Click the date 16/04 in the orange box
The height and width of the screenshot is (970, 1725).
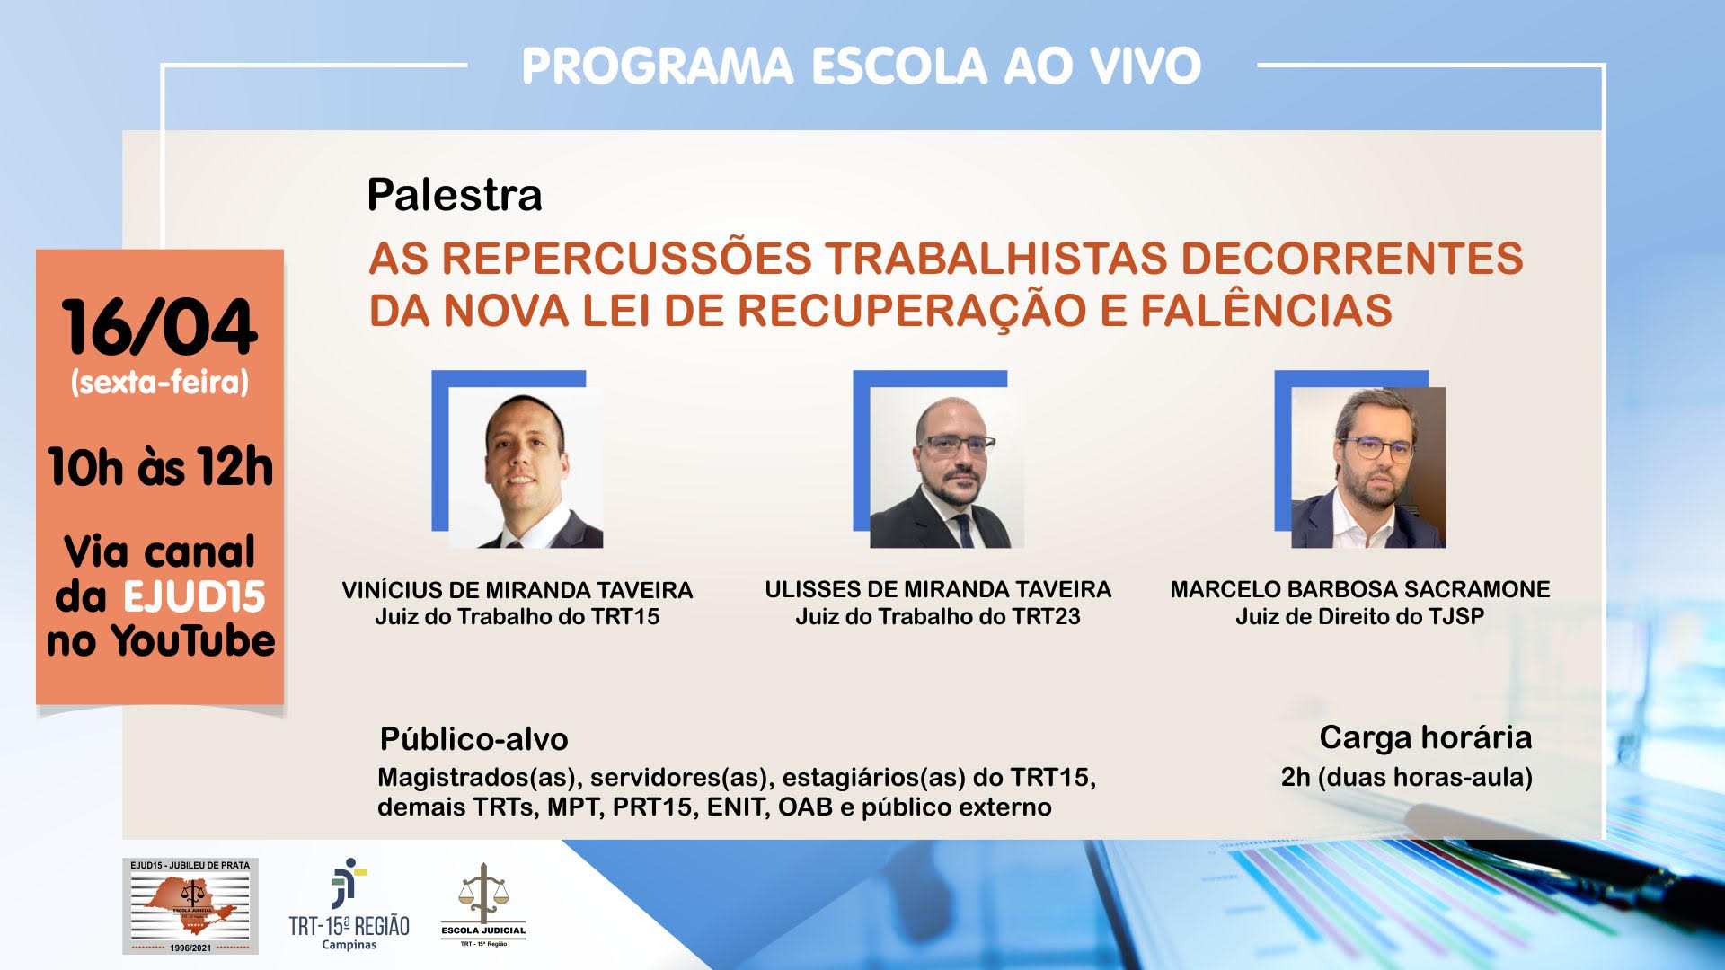tap(160, 327)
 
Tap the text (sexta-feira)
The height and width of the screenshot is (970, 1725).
tap(160, 383)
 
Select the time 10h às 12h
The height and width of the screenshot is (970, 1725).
tap(160, 467)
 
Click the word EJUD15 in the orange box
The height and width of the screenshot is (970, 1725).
tap(194, 596)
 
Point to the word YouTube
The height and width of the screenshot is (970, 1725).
tap(192, 640)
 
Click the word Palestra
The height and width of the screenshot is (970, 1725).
tap(455, 195)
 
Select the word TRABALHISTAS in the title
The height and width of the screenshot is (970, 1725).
tap(995, 258)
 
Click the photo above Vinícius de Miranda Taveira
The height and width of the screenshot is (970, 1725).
tap(526, 467)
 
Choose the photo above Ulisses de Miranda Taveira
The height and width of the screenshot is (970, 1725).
tap(947, 467)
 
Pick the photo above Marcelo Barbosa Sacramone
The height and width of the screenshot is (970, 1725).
tap(1368, 467)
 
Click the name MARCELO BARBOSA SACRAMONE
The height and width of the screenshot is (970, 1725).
tap(1359, 589)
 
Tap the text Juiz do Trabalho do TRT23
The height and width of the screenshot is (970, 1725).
tap(938, 616)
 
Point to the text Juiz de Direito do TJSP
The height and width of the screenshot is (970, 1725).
tap(1359, 616)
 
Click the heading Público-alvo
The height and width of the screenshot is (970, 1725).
tap(473, 739)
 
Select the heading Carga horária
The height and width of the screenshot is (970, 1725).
tap(1426, 737)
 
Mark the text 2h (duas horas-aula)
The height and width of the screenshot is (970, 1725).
tap(1407, 777)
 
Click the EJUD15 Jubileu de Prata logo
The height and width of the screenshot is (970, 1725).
tap(190, 905)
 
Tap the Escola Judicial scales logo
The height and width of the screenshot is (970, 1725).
tap(483, 905)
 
